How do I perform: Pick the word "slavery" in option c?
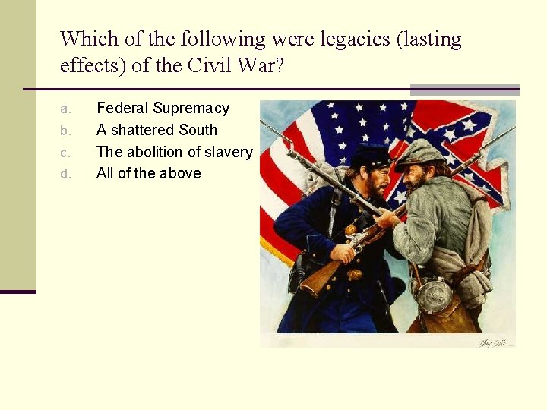pyautogui.click(x=228, y=152)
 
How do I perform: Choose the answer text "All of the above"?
pyautogui.click(x=149, y=173)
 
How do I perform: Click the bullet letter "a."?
pyautogui.click(x=65, y=109)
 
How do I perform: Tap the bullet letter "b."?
pyautogui.click(x=65, y=131)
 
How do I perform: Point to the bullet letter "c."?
pyautogui.click(x=65, y=153)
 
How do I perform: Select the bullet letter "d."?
pyautogui.click(x=65, y=174)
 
